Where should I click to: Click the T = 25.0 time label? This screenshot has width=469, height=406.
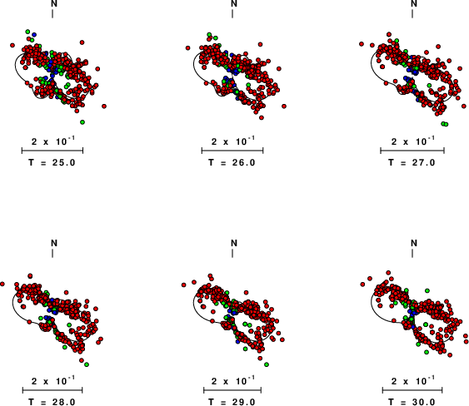point(52,162)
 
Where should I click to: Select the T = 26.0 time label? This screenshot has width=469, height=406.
point(232,162)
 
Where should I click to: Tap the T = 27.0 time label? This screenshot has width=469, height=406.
point(412,162)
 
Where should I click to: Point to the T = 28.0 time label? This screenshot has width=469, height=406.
point(52,402)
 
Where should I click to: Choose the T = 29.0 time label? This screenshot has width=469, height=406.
point(232,402)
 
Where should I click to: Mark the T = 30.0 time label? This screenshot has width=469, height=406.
point(412,402)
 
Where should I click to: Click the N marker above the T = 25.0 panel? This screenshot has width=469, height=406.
point(54,3)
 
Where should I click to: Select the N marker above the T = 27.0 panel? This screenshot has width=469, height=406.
point(414,3)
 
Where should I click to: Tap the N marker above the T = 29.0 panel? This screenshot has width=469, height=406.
point(234,243)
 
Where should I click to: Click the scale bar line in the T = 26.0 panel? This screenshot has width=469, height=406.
point(232,151)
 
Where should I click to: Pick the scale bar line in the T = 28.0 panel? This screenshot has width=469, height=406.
point(52,390)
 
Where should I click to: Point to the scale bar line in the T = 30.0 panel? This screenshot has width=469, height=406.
point(412,390)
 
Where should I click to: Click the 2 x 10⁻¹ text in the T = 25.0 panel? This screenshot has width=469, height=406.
point(53,141)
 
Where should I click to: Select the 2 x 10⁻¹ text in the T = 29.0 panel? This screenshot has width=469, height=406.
point(233,380)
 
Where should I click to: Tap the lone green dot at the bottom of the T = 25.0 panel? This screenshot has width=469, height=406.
point(82,122)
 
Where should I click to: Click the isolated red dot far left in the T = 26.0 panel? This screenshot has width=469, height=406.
point(187,47)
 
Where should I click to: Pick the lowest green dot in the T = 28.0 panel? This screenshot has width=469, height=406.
point(87,364)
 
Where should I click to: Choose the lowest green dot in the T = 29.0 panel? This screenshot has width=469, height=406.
point(267,364)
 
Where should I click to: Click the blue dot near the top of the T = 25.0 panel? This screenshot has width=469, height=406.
point(34,35)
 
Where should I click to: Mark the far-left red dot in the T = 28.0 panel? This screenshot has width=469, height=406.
point(2,284)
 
